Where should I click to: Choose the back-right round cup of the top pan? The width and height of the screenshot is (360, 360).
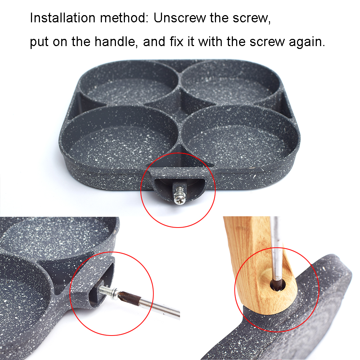point(229,81)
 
